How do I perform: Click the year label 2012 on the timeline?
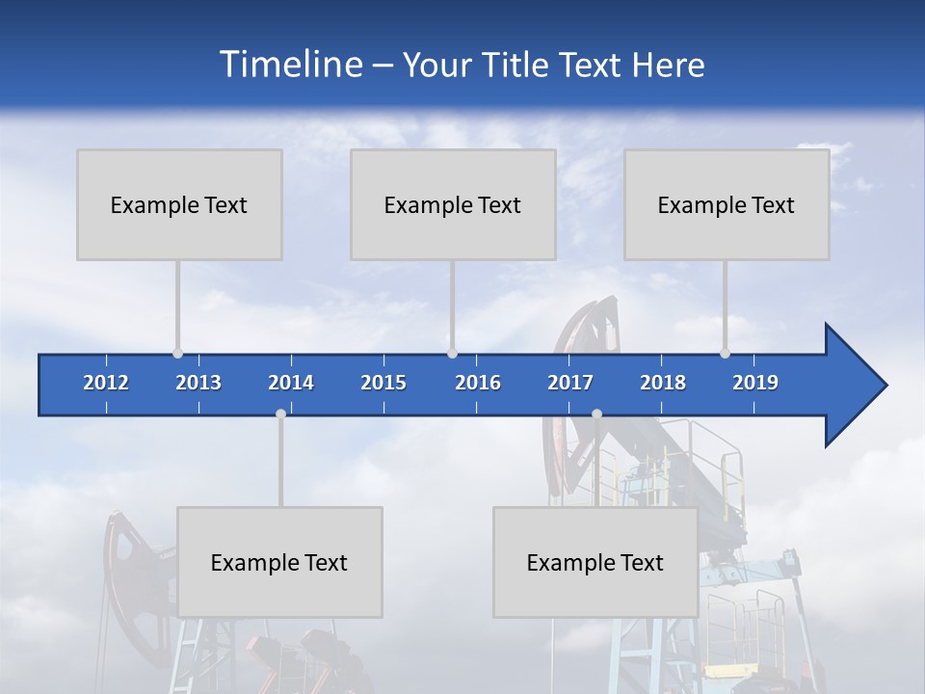pyautogui.click(x=106, y=383)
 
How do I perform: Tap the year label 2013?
pyautogui.click(x=198, y=383)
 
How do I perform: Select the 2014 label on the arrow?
pyautogui.click(x=291, y=383)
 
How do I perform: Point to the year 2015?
pyautogui.click(x=383, y=383)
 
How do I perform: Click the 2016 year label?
pyautogui.click(x=478, y=383)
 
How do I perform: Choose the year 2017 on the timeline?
pyautogui.click(x=570, y=383)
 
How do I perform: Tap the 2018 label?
pyautogui.click(x=663, y=383)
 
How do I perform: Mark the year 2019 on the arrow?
pyautogui.click(x=755, y=383)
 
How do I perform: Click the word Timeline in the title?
pyautogui.click(x=289, y=65)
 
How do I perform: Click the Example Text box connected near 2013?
pyautogui.click(x=179, y=204)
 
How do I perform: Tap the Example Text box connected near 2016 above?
pyautogui.click(x=453, y=204)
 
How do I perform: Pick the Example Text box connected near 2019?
pyautogui.click(x=727, y=204)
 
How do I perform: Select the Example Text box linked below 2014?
pyautogui.click(x=279, y=562)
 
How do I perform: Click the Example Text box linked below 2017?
pyautogui.click(x=595, y=562)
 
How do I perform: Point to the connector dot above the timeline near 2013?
pyautogui.click(x=177, y=353)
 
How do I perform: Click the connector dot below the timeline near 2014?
pyautogui.click(x=280, y=414)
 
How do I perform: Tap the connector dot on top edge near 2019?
pyautogui.click(x=725, y=353)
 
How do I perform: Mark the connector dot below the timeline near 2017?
pyautogui.click(x=596, y=414)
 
